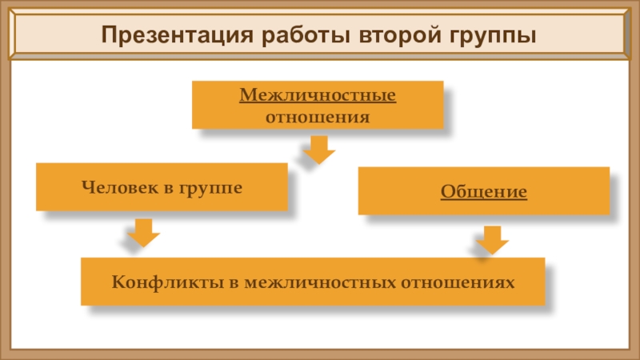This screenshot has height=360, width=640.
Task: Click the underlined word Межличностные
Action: pyautogui.click(x=318, y=97)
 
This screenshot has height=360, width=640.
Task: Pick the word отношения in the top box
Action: pyautogui.click(x=318, y=116)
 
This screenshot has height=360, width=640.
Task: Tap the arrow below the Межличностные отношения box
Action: pyautogui.click(x=318, y=150)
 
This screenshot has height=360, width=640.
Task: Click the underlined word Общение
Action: pyautogui.click(x=483, y=192)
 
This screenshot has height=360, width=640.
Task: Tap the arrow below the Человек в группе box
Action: pyautogui.click(x=143, y=234)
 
